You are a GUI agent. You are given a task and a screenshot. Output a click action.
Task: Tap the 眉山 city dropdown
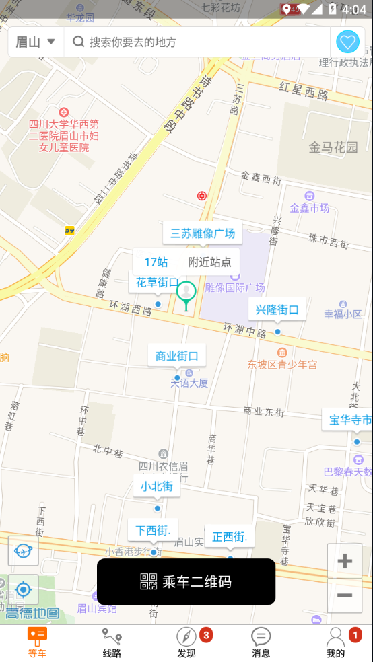point(36,42)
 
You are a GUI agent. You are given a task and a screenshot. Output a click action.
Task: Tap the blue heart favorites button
point(347,42)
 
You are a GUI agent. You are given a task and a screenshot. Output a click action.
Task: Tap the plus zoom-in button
point(345,562)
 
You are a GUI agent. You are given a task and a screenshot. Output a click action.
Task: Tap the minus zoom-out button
point(345,595)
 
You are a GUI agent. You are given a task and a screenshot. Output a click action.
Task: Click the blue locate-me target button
point(24,590)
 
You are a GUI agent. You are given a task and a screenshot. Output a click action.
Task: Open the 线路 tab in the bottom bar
point(112,642)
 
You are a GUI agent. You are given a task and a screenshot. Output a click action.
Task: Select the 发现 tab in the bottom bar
point(186,642)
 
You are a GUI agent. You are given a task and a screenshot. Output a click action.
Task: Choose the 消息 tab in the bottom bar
point(261,642)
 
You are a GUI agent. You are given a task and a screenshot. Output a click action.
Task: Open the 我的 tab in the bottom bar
point(335,642)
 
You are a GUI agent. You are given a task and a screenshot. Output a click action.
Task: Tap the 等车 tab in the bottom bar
point(37,642)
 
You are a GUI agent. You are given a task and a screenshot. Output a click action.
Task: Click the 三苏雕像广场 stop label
point(203,233)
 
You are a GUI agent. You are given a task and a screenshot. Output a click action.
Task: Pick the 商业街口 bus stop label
point(177,356)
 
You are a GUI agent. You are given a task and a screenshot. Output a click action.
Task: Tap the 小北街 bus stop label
point(157,486)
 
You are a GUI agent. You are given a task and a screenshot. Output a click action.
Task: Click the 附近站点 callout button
point(209,262)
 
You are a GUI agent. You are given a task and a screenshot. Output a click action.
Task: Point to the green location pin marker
point(186,293)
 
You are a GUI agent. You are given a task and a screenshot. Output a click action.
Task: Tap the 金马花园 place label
point(333,147)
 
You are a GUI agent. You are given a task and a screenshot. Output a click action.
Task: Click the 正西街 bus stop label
point(230,537)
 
